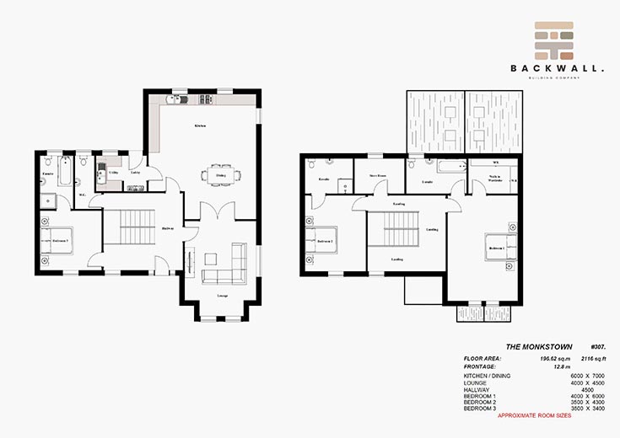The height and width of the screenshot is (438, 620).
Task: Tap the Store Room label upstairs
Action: pyautogui.click(x=377, y=176)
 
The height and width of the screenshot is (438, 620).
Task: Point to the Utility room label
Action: pyautogui.click(x=112, y=172)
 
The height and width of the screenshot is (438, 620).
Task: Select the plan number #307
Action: pyautogui.click(x=598, y=346)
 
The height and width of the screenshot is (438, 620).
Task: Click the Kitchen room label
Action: pyautogui.click(x=200, y=126)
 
